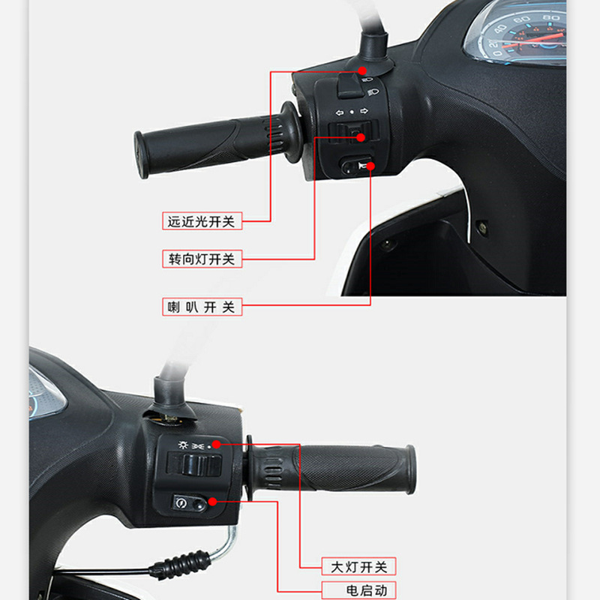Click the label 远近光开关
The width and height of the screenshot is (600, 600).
[x=201, y=221]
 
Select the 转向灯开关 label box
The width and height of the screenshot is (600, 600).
[x=201, y=259]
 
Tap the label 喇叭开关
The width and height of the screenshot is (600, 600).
[x=201, y=307]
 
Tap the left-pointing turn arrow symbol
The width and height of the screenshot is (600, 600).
[x=338, y=112]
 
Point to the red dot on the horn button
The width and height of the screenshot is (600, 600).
[x=370, y=165]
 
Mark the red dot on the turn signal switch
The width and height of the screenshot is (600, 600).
[x=360, y=136]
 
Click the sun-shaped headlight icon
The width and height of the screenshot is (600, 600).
[x=181, y=445]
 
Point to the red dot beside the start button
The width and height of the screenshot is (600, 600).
[x=213, y=501]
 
